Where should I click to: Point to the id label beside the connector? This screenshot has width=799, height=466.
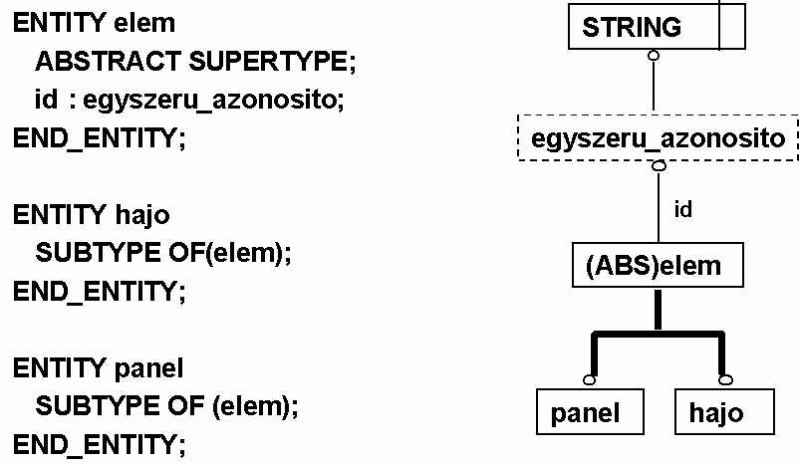(x=682, y=209)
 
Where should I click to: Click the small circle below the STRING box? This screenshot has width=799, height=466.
(x=654, y=56)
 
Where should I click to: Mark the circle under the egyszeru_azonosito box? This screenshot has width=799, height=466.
(x=659, y=166)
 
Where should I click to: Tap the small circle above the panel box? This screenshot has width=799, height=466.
(x=589, y=380)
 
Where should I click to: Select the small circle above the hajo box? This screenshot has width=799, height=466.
(x=725, y=380)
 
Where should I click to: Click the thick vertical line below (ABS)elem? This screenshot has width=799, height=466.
(x=658, y=310)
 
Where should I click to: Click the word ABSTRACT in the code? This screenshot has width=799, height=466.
(x=108, y=62)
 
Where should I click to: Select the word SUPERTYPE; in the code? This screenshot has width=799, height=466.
(x=273, y=62)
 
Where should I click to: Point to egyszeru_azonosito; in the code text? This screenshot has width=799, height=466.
(x=213, y=100)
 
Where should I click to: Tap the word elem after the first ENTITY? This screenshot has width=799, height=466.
(x=144, y=24)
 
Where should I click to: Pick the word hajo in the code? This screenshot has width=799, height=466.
(x=142, y=215)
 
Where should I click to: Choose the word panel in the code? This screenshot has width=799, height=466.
(x=148, y=368)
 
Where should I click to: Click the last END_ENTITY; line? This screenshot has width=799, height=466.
(x=100, y=445)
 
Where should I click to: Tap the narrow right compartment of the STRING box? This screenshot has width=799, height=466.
(x=732, y=27)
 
